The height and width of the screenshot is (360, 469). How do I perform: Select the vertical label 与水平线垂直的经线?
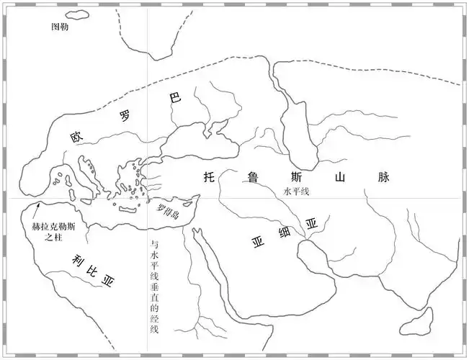point(153,284)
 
